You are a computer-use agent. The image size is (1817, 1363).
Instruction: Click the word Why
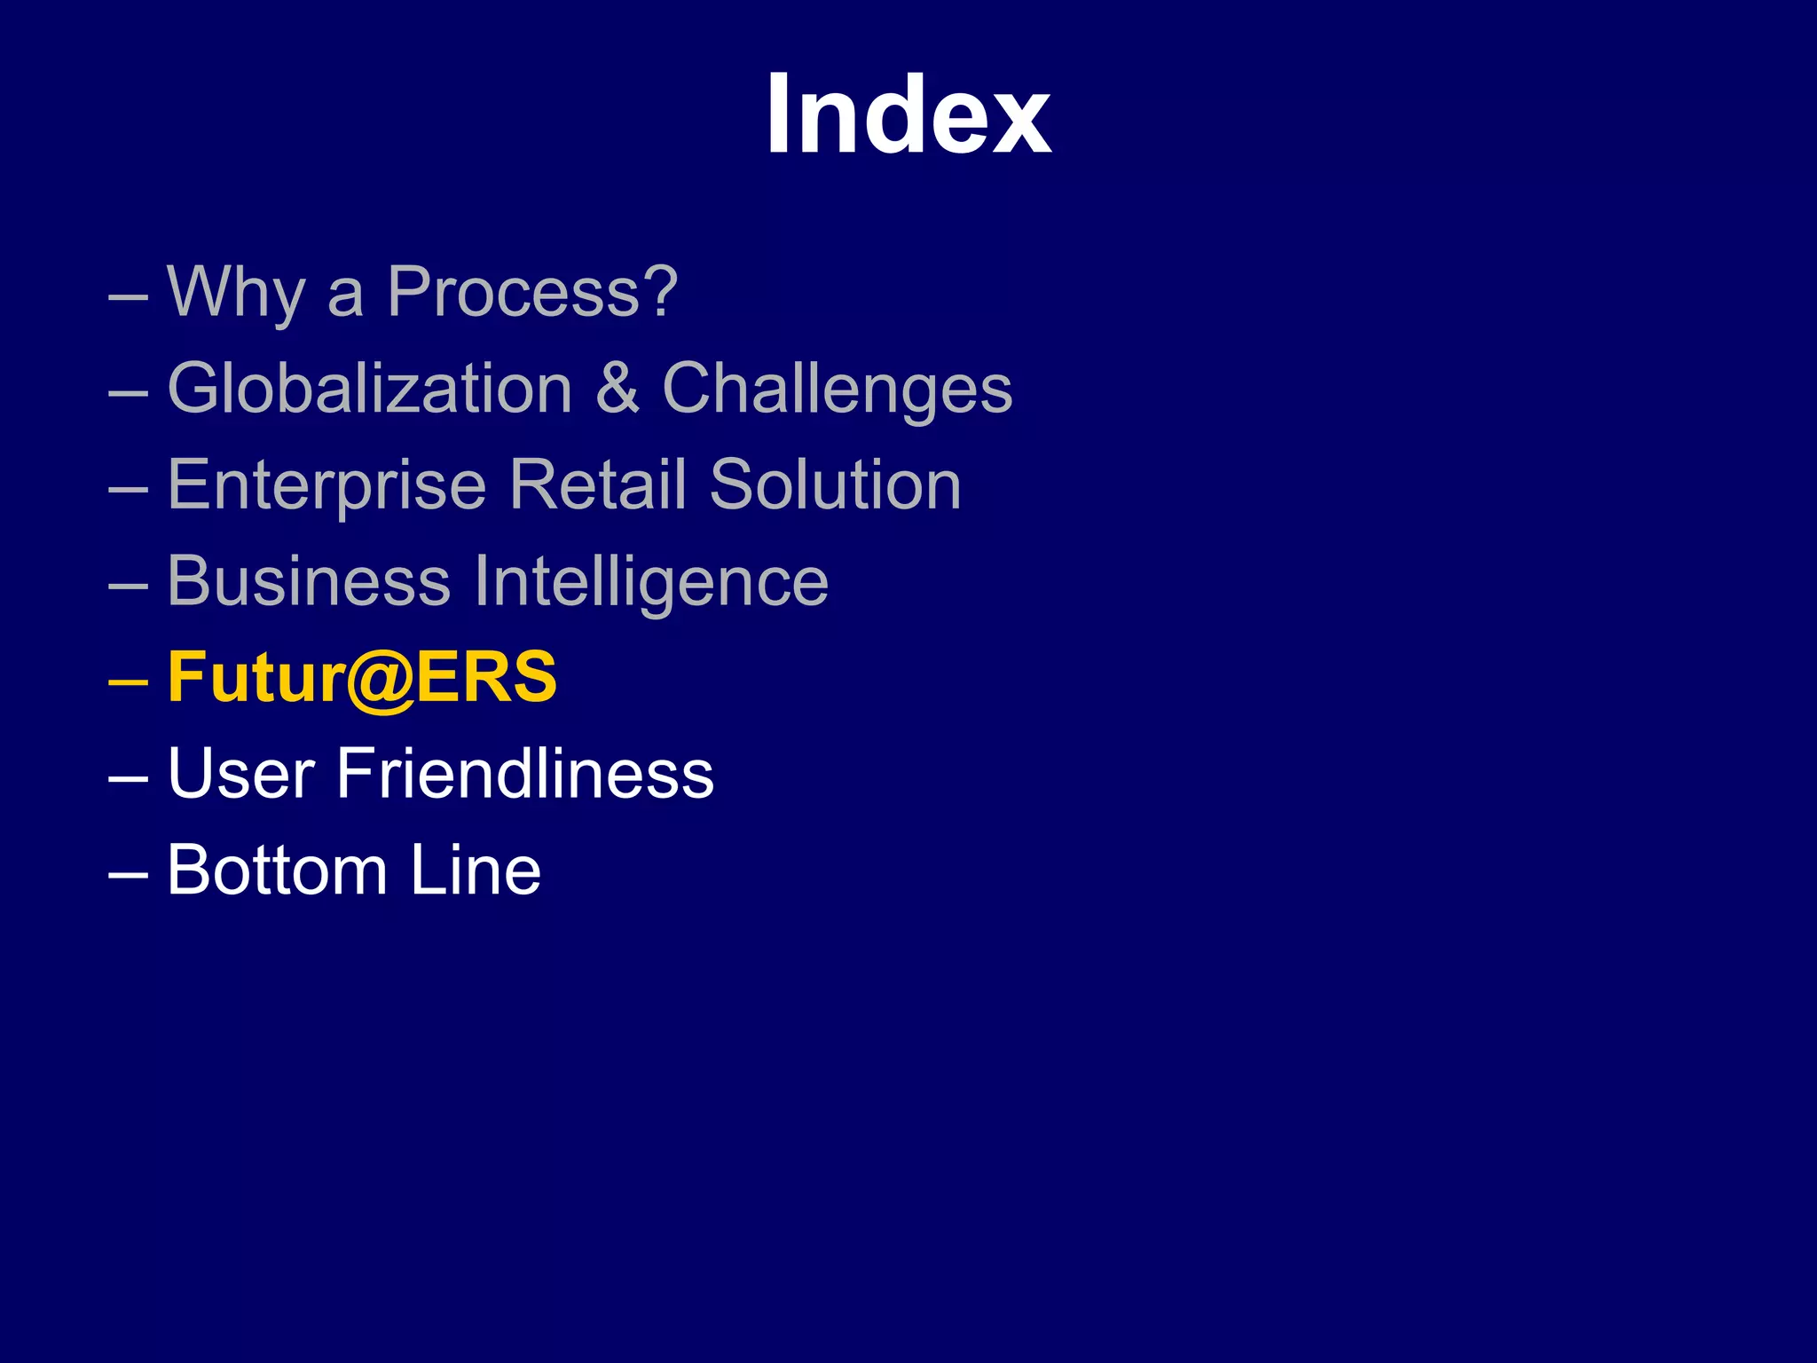pyautogui.click(x=236, y=293)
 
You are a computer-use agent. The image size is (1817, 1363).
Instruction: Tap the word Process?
pyautogui.click(x=532, y=293)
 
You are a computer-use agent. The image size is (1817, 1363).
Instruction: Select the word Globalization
pyautogui.click(x=370, y=389)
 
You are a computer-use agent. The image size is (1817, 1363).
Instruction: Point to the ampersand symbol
pyautogui.click(x=617, y=389)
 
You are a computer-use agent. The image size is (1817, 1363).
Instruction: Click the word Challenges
pyautogui.click(x=838, y=390)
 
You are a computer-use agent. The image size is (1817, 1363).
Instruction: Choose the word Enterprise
pyautogui.click(x=326, y=486)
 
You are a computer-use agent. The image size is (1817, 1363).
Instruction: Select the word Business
pyautogui.click(x=309, y=581)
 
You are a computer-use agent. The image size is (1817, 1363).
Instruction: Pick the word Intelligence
pyautogui.click(x=651, y=583)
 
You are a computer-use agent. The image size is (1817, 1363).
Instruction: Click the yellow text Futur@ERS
pyautogui.click(x=362, y=678)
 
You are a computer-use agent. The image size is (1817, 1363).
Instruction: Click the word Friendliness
pyautogui.click(x=525, y=774)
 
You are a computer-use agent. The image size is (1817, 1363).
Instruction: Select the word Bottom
pyautogui.click(x=277, y=871)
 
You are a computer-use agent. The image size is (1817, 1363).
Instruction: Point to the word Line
pyautogui.click(x=475, y=871)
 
